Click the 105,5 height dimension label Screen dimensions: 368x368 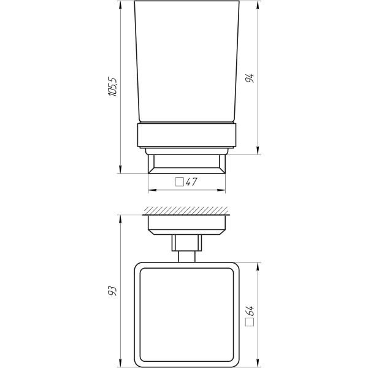tap(112, 86)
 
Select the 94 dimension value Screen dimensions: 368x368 tap(250, 78)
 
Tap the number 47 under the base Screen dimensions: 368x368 tap(191, 182)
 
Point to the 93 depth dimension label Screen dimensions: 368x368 tap(112, 291)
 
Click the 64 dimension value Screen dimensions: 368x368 tap(250, 311)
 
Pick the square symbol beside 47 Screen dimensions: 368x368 tap(180, 182)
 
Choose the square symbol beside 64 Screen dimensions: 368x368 tap(250, 322)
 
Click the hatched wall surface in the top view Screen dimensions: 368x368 tap(186, 211)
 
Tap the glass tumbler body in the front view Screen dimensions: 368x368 tap(187, 61)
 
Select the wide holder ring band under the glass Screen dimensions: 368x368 tap(187, 135)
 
